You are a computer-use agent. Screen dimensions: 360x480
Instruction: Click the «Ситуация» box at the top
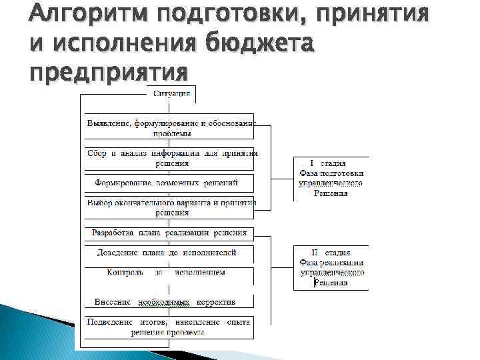tap(171, 93)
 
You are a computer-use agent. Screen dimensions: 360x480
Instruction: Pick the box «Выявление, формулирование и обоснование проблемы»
tap(169, 127)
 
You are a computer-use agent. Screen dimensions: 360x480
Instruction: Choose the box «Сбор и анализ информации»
tap(169, 158)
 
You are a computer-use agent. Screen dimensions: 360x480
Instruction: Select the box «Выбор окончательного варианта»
tap(169, 208)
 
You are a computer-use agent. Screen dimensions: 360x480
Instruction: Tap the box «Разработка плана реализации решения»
tap(169, 233)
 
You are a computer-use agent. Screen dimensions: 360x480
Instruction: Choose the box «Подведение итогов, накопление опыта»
tap(169, 327)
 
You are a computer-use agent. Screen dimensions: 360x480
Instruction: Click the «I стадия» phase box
tap(331, 178)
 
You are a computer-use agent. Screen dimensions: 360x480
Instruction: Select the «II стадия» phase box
tap(331, 267)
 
